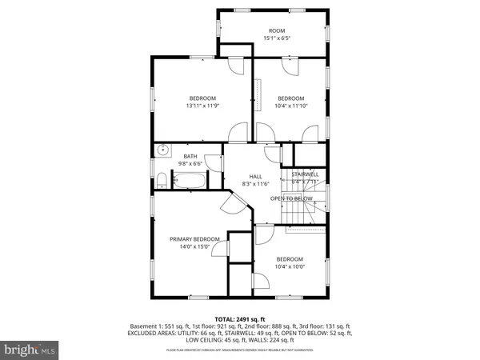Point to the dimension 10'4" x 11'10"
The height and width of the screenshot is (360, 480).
(x=290, y=106)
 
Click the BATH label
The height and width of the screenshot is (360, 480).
(x=190, y=156)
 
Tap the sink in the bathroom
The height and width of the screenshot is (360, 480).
(x=162, y=149)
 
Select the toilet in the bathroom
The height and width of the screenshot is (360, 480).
(x=161, y=178)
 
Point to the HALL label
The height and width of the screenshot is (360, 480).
(x=255, y=177)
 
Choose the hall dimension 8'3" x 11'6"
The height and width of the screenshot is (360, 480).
(x=255, y=184)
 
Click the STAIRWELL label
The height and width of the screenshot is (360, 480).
(x=305, y=174)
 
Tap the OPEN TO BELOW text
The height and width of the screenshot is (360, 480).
(x=291, y=198)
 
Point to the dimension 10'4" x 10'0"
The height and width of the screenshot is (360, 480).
(x=290, y=266)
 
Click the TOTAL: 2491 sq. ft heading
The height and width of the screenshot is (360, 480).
(x=239, y=318)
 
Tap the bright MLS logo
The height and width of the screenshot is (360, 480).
(x=30, y=350)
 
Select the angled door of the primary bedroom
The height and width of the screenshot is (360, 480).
(x=233, y=206)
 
